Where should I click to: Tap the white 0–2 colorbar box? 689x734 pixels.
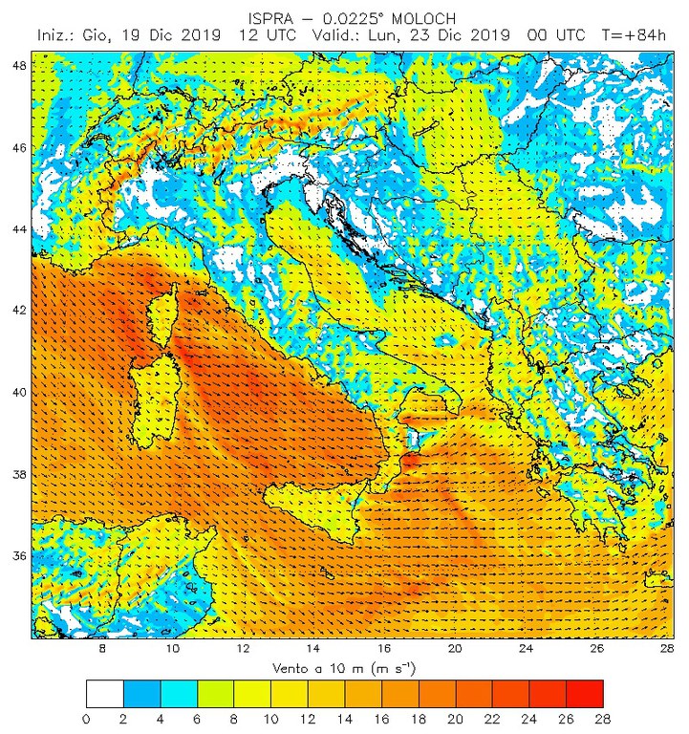click(x=104, y=692)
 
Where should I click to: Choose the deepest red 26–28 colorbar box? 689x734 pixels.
click(x=584, y=692)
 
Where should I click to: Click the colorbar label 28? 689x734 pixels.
click(x=602, y=717)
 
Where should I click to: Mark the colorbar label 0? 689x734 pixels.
click(x=86, y=717)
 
